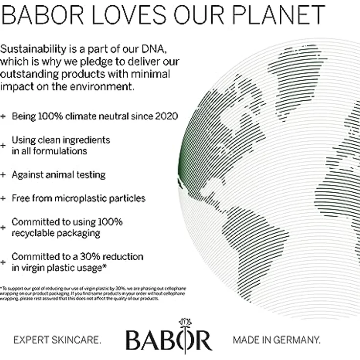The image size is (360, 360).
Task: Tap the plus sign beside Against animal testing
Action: click(3, 175)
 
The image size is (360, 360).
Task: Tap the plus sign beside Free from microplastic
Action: click(3, 199)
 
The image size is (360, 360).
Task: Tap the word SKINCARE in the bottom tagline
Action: click(78, 339)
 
